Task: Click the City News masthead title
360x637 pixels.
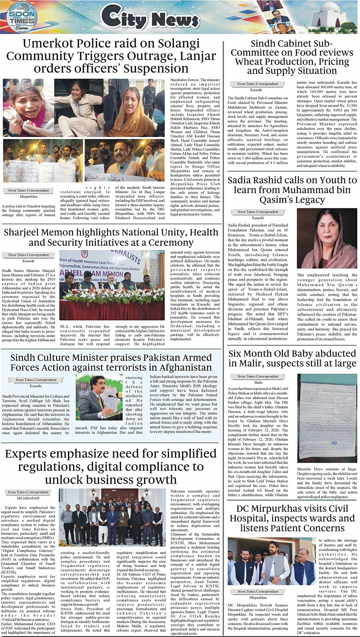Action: click(151, 18)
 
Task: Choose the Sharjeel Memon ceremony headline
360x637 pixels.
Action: click(111, 237)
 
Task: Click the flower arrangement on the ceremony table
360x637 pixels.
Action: click(111, 295)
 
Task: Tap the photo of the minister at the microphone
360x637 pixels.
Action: click(99, 397)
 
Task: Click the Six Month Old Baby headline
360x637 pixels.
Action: click(292, 358)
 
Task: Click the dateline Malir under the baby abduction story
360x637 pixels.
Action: click(259, 382)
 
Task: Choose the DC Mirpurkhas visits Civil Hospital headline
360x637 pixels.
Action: click(292, 518)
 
